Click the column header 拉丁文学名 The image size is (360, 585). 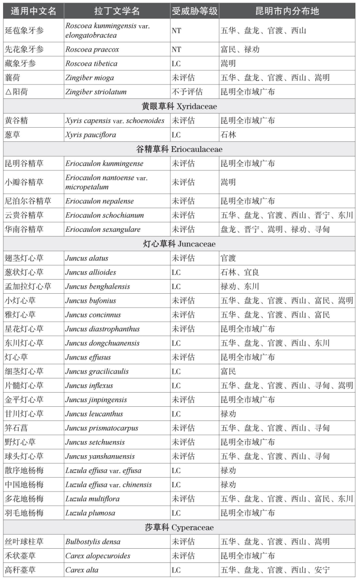(117, 11)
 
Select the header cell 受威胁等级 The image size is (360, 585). (194, 11)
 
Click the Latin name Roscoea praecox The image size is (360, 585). (92, 49)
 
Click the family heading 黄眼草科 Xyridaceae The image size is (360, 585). (179, 106)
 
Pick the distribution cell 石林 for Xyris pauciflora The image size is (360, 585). (229, 135)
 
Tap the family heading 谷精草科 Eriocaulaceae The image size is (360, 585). (179, 149)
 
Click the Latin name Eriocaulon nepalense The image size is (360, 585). (99, 201)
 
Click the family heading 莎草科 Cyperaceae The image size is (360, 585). (179, 527)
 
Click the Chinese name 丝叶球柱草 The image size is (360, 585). (24, 541)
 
